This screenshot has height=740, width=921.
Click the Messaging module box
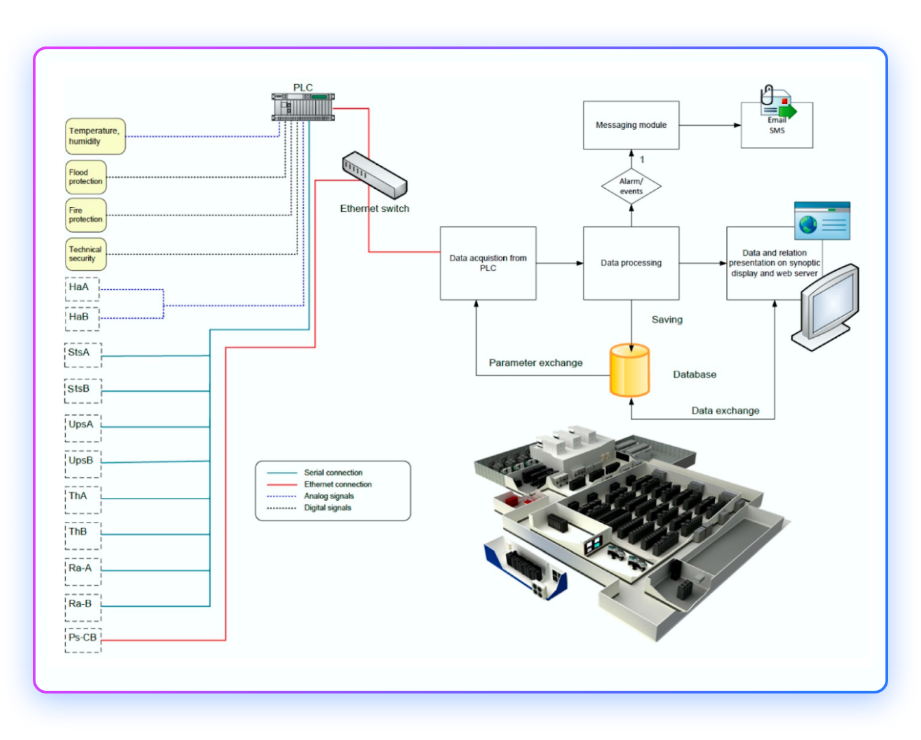tap(630, 125)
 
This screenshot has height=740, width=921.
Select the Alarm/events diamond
tap(630, 186)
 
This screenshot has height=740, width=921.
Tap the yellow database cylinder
tap(629, 371)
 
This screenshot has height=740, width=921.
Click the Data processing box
tap(630, 263)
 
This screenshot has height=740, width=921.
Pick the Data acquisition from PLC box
tap(488, 263)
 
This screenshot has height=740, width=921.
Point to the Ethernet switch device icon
tap(374, 175)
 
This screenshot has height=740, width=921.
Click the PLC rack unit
tap(303, 107)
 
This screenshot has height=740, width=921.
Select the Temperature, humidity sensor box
tap(95, 136)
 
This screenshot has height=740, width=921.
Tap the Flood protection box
tap(85, 177)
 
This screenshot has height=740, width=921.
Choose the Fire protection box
tap(85, 215)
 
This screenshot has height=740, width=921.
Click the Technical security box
tap(85, 254)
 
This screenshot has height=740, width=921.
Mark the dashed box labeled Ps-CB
tap(83, 640)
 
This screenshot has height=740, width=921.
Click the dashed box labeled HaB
tap(82, 318)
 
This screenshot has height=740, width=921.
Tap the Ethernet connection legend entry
tap(337, 484)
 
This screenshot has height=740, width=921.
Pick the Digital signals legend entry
tap(327, 507)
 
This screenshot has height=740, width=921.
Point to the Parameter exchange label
tap(535, 362)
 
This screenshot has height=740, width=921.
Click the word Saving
tap(667, 319)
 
